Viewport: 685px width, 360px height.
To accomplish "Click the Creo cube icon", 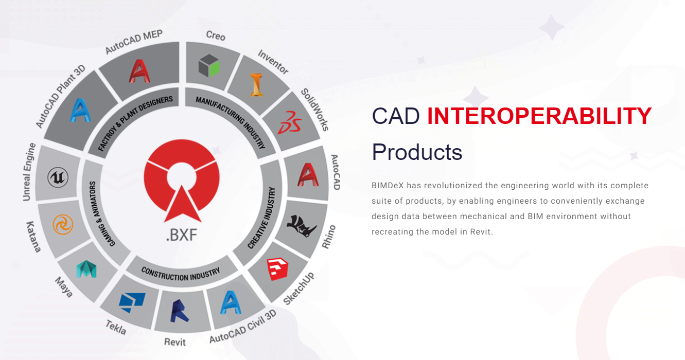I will tap(209, 65).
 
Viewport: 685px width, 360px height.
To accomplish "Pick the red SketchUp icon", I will tap(277, 269).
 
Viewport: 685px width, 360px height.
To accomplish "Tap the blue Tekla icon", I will tap(132, 302).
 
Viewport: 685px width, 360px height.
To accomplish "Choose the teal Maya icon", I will tap(86, 269).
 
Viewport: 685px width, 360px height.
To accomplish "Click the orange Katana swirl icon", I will tap(63, 225).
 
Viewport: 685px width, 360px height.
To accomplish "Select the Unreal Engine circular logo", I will tap(58, 177).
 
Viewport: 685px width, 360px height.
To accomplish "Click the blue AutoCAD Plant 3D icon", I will tap(80, 110).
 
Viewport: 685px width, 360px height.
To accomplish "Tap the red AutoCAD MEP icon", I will tap(139, 71).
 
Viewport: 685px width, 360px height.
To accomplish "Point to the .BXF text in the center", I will tap(182, 236).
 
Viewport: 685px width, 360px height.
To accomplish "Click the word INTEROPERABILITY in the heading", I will tap(539, 116).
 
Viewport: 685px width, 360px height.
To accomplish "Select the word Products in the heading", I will tap(417, 152).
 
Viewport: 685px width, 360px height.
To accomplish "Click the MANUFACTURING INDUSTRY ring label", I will tap(231, 120).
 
